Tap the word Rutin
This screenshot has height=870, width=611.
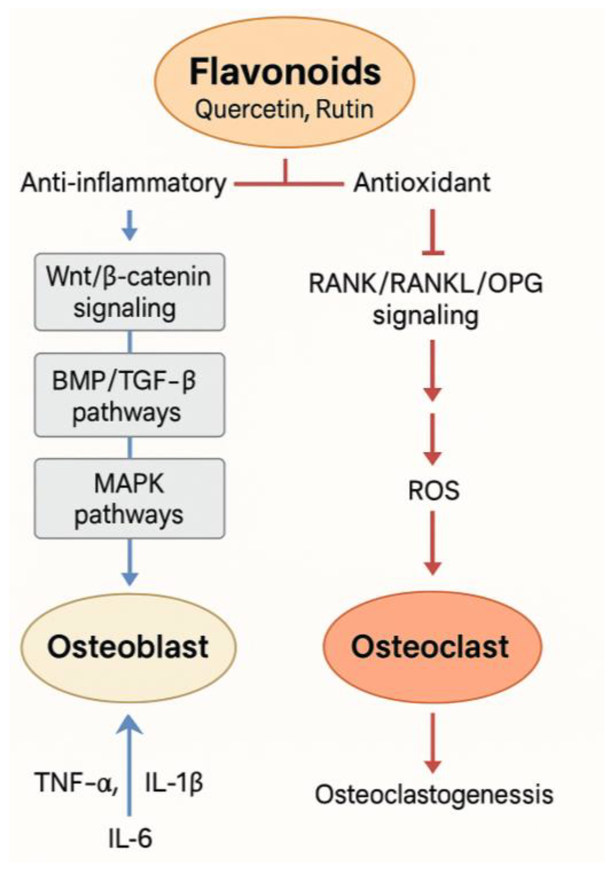(x=344, y=109)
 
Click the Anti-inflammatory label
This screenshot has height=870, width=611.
(x=123, y=183)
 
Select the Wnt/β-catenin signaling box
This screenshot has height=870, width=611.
(x=129, y=292)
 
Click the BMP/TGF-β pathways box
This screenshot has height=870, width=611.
(x=129, y=395)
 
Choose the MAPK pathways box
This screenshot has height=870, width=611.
(x=129, y=498)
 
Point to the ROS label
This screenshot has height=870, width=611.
(x=433, y=490)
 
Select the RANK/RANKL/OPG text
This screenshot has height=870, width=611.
(x=425, y=284)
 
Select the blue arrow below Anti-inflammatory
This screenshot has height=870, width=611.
(x=130, y=225)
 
